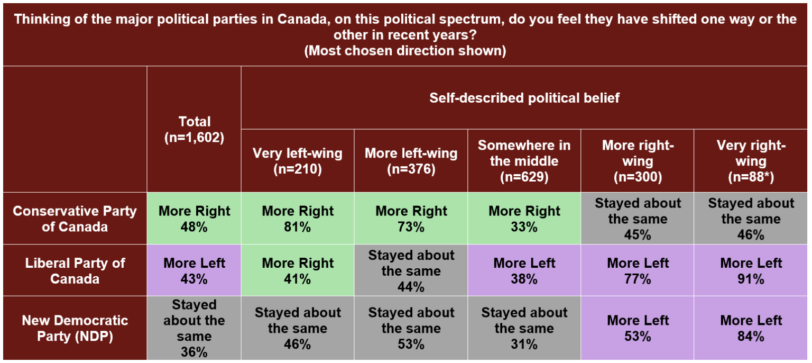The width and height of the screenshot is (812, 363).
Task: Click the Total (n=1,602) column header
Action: [194, 129]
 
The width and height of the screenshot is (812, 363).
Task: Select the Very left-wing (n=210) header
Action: [298, 161]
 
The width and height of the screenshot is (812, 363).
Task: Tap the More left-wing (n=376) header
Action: [411, 161]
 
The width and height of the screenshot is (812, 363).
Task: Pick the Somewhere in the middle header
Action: [524, 161]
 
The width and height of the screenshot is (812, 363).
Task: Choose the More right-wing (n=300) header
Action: [638, 161]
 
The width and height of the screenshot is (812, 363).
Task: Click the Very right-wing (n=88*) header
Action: [751, 161]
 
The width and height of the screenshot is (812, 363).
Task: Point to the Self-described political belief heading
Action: [524, 98]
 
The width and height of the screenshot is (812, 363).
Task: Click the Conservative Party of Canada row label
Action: [75, 219]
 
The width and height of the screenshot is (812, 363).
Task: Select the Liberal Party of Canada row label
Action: [75, 270]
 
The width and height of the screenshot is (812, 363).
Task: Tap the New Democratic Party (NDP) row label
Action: [75, 328]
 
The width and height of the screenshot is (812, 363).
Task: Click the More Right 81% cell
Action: [298, 219]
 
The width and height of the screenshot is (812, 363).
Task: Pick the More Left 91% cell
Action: [751, 270]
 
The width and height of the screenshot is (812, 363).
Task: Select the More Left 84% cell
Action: [751, 328]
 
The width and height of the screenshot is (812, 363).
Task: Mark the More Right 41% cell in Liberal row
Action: [298, 270]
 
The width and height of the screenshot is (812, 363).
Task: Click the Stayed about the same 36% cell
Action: [194, 328]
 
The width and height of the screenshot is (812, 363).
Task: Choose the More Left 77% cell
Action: [638, 270]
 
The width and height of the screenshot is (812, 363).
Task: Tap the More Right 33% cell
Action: [524, 219]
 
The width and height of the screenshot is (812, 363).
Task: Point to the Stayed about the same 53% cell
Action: [411, 328]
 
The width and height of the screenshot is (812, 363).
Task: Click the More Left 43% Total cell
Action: [194, 270]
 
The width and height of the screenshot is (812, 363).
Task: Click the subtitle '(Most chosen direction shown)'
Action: [405, 51]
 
